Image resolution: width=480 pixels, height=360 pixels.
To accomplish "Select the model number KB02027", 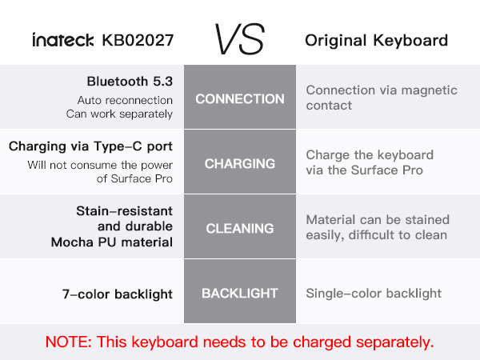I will [138, 40].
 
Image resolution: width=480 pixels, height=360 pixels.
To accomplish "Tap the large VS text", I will [239, 38].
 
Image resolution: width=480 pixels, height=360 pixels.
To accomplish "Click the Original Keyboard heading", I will [376, 40].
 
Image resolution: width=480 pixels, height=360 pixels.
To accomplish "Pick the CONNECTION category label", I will [240, 99].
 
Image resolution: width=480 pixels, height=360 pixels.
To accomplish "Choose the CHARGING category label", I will [240, 164].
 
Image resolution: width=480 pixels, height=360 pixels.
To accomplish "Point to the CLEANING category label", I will [240, 228].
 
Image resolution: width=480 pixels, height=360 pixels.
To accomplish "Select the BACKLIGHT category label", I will [240, 294].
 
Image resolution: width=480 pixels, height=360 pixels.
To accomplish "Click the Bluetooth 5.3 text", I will [130, 82].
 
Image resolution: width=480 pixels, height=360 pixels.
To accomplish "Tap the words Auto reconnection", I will [125, 100].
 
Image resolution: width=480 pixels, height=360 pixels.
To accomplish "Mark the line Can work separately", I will [119, 114].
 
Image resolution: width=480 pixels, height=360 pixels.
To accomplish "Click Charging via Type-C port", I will [90, 146].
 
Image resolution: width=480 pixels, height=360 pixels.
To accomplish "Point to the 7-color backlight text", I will [118, 294].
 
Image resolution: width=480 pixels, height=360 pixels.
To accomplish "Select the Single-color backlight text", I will [374, 294].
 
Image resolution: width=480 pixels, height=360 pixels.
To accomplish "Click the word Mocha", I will [69, 242].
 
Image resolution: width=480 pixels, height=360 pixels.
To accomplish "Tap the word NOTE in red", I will [67, 342].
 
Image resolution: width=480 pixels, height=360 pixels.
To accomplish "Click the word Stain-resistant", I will [124, 211].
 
